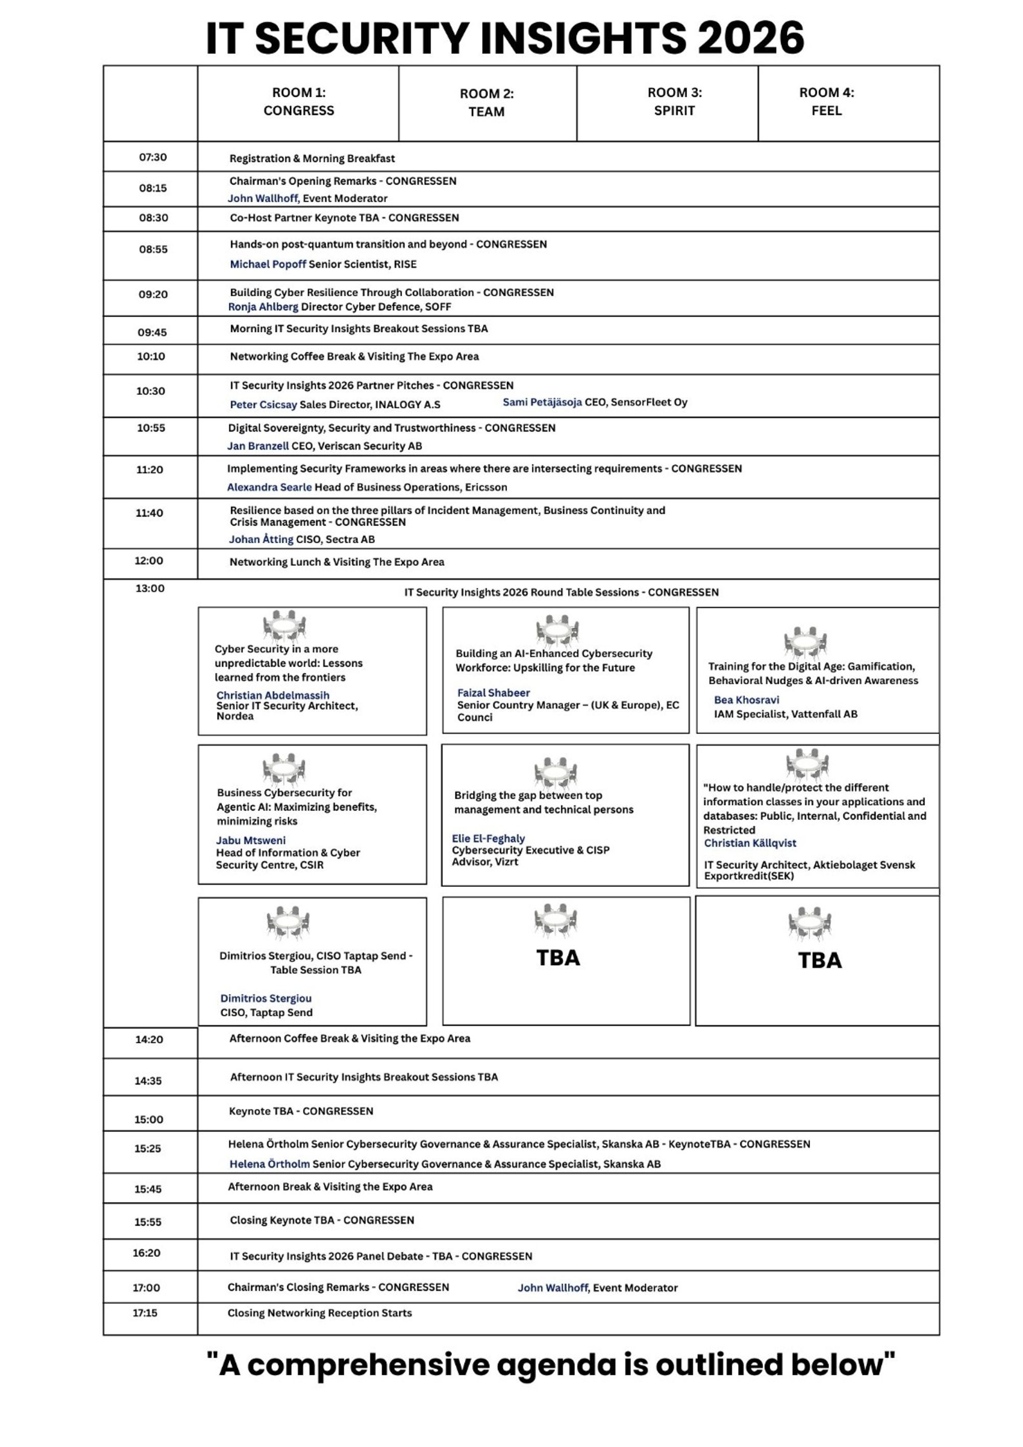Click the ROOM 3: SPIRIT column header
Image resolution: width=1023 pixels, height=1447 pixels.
[675, 101]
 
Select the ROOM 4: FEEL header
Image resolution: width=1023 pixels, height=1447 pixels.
[827, 101]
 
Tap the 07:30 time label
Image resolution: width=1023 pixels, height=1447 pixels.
[153, 157]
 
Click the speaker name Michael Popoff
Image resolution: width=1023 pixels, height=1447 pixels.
[268, 264]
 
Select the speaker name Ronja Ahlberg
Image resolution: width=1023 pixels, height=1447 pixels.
[263, 307]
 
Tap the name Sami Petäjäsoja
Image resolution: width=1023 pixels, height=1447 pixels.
[542, 402]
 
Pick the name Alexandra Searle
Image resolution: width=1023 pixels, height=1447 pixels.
[269, 487]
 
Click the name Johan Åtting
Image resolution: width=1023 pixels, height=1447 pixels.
[261, 540]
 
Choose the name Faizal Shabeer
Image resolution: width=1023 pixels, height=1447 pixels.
[494, 693]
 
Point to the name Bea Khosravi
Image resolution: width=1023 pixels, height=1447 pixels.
[746, 700]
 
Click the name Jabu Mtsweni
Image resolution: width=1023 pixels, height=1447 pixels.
[251, 840]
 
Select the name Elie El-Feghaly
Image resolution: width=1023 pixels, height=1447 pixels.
[488, 838]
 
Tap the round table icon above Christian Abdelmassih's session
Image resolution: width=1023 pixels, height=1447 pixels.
[284, 626]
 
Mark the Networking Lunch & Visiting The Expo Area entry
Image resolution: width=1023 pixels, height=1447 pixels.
[337, 562]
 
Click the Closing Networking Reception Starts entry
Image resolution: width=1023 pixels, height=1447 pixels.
[320, 1313]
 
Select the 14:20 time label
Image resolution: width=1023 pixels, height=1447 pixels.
[149, 1039]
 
